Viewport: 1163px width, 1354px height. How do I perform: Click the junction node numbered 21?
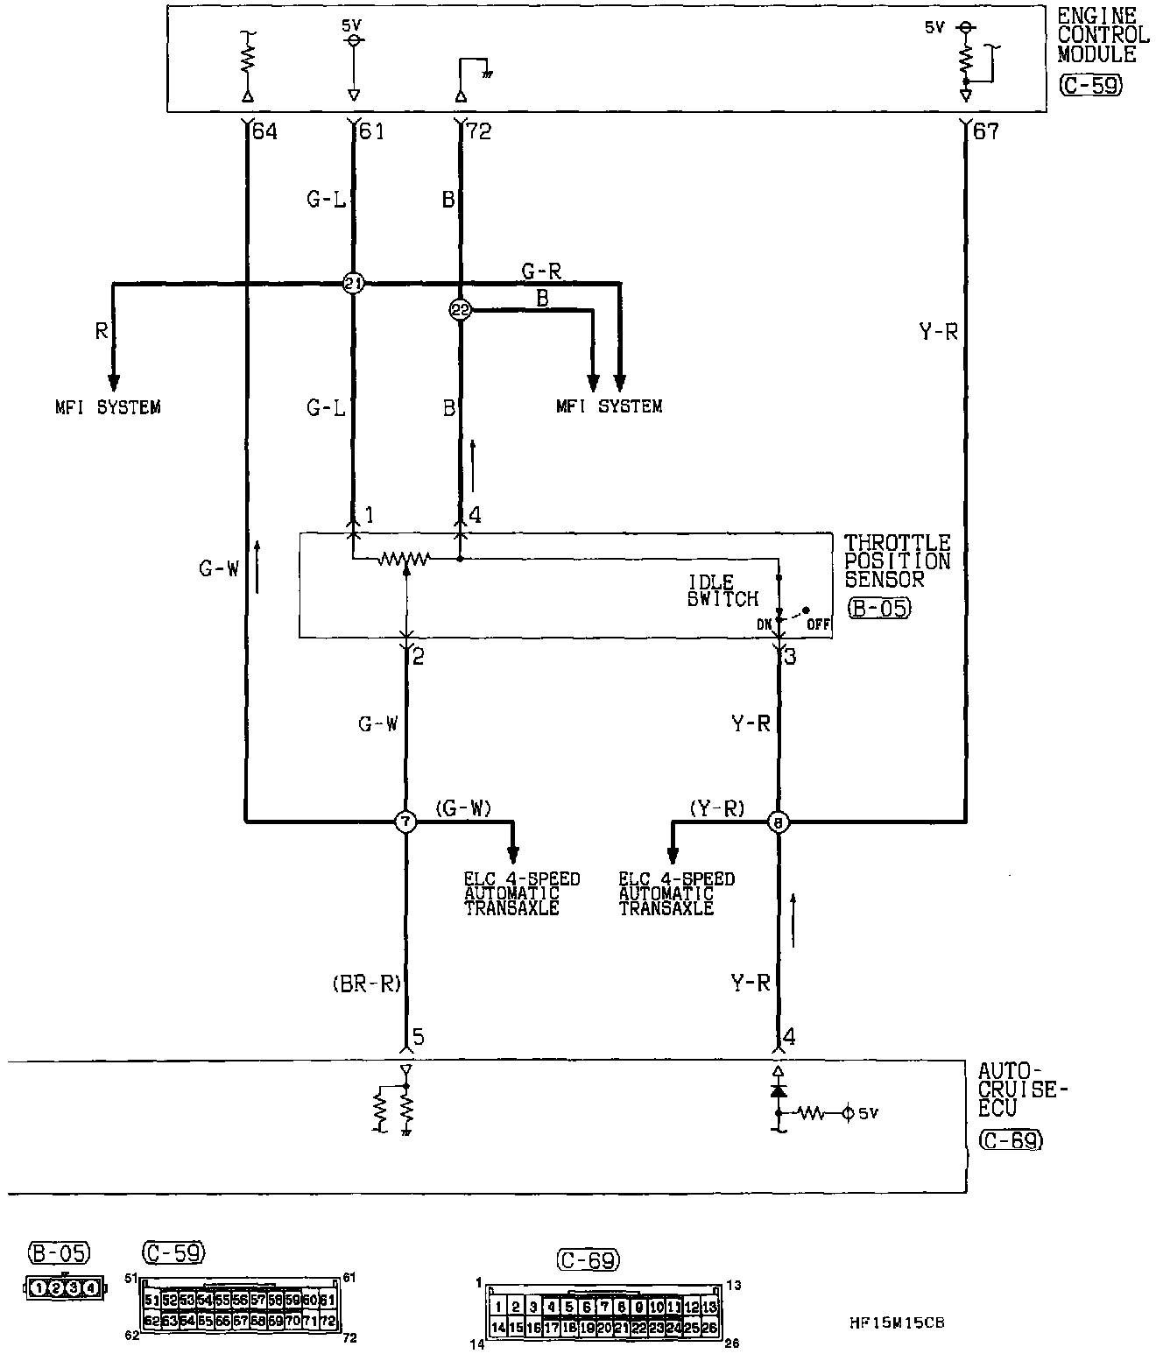(352, 284)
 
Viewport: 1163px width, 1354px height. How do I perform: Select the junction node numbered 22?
(460, 309)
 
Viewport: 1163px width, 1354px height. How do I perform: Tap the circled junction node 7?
(405, 822)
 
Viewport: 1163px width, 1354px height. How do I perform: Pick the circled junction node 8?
(778, 822)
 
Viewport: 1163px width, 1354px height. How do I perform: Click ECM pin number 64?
(264, 132)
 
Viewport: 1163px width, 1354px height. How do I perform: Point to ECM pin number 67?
(985, 132)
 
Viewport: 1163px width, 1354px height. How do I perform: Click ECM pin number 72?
(479, 132)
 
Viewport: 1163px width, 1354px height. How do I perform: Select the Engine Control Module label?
(1102, 36)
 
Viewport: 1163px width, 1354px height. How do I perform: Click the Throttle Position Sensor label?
(897, 561)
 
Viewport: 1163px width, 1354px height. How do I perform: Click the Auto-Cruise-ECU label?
(1023, 1089)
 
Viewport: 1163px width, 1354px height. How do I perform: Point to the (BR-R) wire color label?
(366, 984)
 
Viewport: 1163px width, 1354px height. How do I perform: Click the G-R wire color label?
(541, 272)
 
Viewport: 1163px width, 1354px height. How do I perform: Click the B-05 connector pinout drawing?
(63, 1287)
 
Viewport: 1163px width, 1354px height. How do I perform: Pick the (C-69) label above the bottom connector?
(588, 1260)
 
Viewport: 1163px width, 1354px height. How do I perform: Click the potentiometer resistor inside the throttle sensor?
(405, 558)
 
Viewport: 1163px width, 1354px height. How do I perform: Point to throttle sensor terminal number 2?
(418, 656)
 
